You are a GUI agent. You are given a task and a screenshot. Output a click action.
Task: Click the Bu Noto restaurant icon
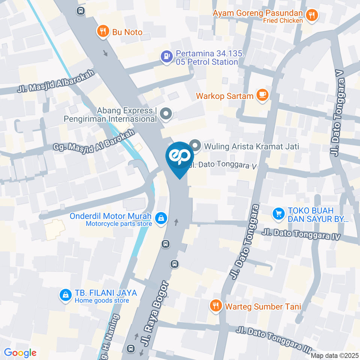pyautogui.click(x=102, y=32)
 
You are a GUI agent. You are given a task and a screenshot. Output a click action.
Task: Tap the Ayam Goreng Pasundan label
pyautogui.click(x=258, y=13)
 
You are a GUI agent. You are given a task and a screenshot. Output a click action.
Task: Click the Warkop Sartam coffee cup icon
pyautogui.click(x=262, y=96)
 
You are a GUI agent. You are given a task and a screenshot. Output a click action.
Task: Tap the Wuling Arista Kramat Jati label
pyautogui.click(x=251, y=146)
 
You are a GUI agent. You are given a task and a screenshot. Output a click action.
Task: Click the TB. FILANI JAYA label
pyautogui.click(x=106, y=293)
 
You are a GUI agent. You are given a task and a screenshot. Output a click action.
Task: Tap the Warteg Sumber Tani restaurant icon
pyautogui.click(x=215, y=306)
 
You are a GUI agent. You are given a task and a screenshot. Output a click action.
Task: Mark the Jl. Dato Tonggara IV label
pyautogui.click(x=301, y=235)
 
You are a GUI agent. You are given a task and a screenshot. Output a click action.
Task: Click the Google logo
pyautogui.click(x=20, y=352)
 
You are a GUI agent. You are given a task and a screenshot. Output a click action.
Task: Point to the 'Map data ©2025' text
pyautogui.click(x=335, y=355)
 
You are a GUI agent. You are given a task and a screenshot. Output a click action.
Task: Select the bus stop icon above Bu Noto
pyautogui.click(x=80, y=11)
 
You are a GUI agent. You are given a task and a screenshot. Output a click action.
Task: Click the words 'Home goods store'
pyautogui.click(x=102, y=300)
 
